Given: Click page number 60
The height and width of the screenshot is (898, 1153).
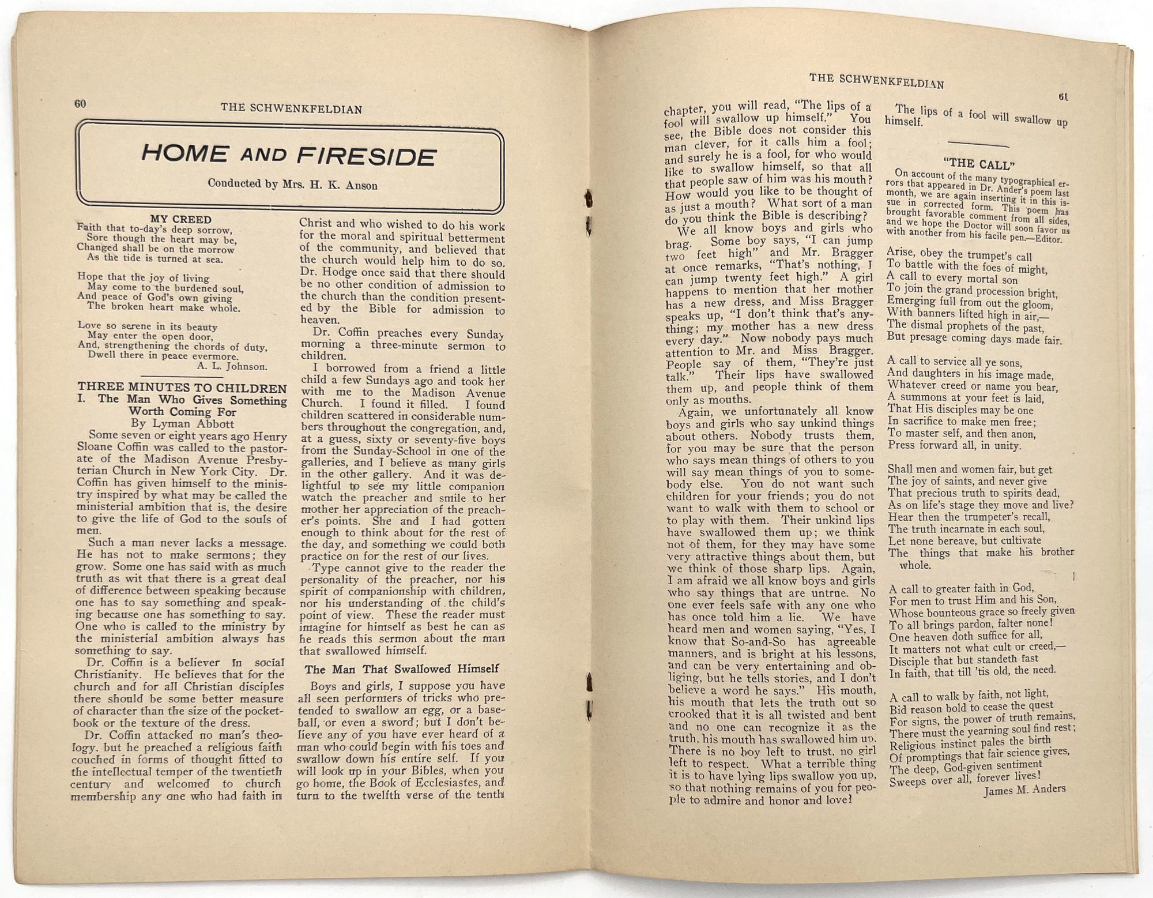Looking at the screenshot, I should click(x=80, y=104).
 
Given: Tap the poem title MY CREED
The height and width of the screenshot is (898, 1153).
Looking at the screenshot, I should click(x=180, y=219).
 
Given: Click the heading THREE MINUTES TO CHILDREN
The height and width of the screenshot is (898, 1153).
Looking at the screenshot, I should click(x=182, y=388).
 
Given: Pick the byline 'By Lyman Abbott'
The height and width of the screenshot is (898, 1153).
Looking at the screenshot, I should click(x=183, y=424).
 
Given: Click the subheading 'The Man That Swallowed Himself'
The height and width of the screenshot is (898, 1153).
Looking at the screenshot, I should click(x=402, y=669).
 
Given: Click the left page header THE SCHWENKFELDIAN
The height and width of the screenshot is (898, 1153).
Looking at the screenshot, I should click(x=291, y=109).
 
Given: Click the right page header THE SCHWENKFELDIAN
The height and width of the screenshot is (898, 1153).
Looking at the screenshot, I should click(x=876, y=81).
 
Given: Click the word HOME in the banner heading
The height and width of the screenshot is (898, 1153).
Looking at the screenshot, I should click(x=183, y=153).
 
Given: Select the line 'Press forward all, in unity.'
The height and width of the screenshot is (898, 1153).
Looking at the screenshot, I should click(x=954, y=446).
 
